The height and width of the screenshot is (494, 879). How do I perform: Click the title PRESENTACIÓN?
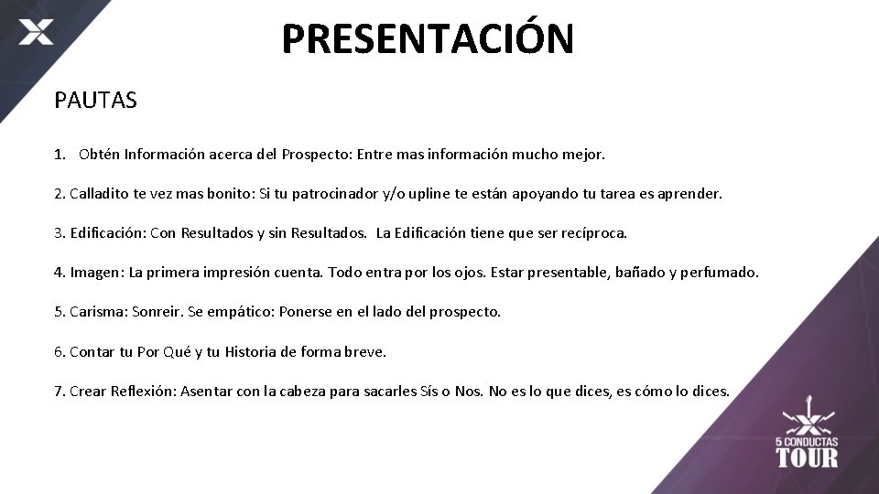point(428,38)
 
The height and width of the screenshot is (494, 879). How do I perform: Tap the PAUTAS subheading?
point(95,101)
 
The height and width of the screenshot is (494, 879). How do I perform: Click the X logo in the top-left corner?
point(36,34)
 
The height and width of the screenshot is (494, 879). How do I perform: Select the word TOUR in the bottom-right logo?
point(807,456)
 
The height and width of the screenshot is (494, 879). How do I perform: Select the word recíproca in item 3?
point(591,233)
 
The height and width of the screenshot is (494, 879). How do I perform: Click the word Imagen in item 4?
point(96,273)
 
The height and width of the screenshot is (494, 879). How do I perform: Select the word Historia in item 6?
point(255,351)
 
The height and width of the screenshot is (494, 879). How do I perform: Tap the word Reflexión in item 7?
point(143,392)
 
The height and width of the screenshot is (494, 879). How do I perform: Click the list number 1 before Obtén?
point(59,155)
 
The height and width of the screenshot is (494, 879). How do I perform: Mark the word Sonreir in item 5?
point(157,312)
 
